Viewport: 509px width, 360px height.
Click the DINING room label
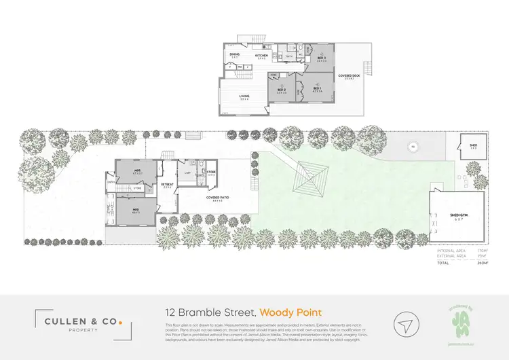234,54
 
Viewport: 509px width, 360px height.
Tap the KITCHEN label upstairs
261,55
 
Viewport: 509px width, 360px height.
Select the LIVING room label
244,96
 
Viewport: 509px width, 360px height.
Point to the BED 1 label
317,89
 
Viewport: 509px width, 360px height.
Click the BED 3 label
321,58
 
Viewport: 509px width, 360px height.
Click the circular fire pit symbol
411,146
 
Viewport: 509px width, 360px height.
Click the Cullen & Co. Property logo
77,322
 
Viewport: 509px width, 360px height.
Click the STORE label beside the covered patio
211,173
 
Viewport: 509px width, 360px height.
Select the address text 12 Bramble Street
210,312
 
